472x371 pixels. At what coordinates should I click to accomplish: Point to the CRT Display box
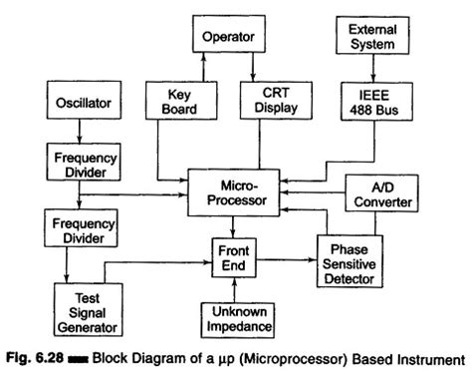tap(274, 101)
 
